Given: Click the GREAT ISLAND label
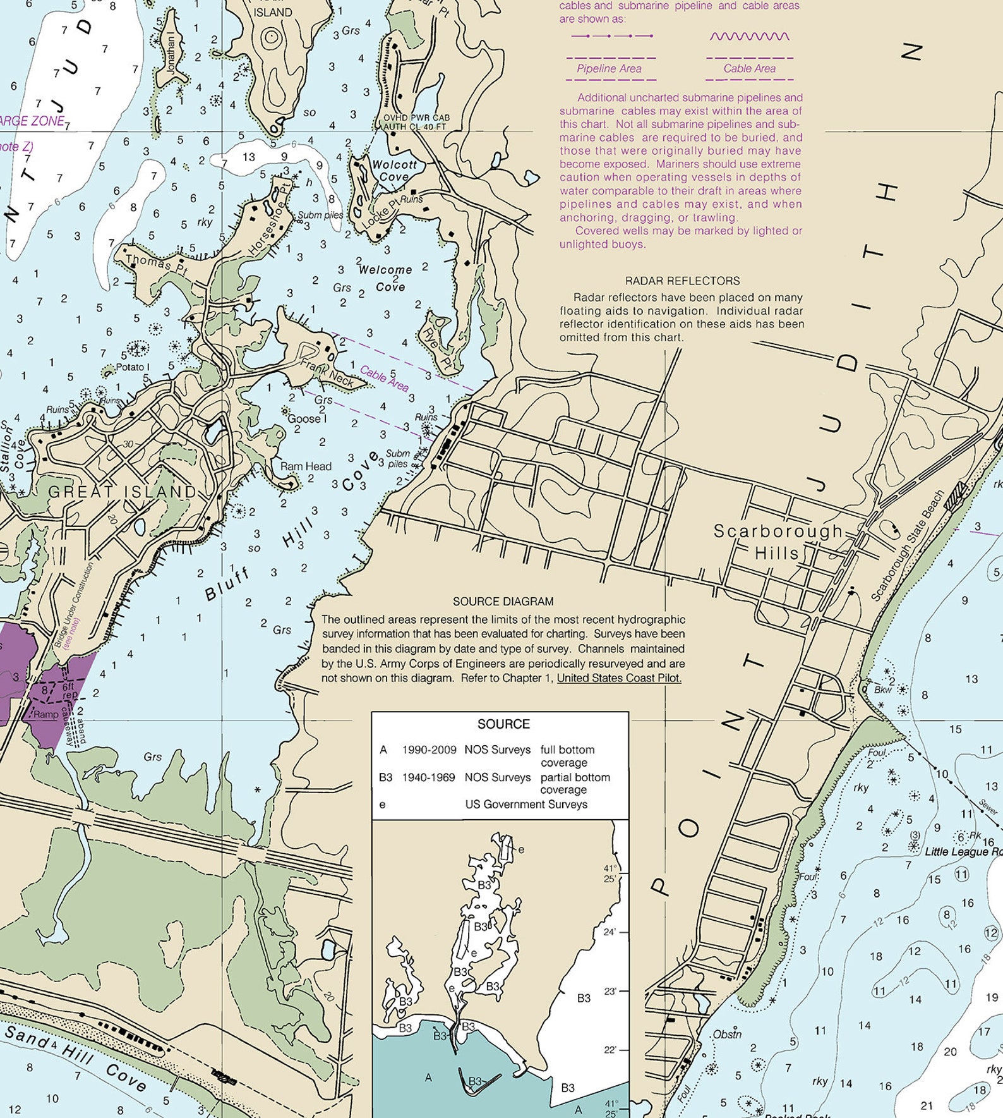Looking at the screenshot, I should tap(123, 491).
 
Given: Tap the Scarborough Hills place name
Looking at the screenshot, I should tap(778, 542).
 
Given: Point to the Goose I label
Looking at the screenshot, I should tap(307, 418).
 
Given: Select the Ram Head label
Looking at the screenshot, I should tap(306, 466).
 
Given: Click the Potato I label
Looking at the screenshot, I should tap(133, 367).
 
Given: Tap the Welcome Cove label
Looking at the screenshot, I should tap(386, 278).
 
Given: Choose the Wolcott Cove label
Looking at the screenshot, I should tap(394, 171).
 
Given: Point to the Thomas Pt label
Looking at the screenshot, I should tap(148, 262).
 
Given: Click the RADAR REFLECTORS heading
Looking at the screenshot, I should tap(682, 281).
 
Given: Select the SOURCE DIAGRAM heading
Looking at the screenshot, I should tap(503, 601).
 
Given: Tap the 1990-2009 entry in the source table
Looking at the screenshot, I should tap(428, 750).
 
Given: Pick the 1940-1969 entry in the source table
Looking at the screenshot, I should tap(428, 777).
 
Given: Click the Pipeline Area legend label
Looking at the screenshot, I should tap(609, 68).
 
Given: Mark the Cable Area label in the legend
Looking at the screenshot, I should tap(749, 68).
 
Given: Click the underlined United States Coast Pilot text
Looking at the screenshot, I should tap(619, 678).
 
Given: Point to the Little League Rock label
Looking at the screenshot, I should tap(963, 851).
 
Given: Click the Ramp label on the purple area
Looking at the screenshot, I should tap(45, 714).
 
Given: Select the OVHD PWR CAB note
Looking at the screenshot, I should tap(417, 118).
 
